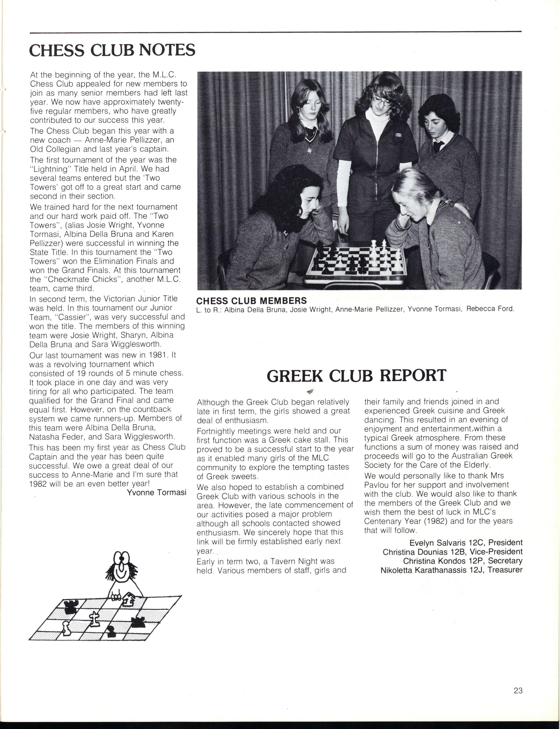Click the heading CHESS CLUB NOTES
click(x=112, y=50)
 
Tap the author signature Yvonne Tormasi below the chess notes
click(x=156, y=492)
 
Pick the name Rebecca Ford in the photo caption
click(x=490, y=309)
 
